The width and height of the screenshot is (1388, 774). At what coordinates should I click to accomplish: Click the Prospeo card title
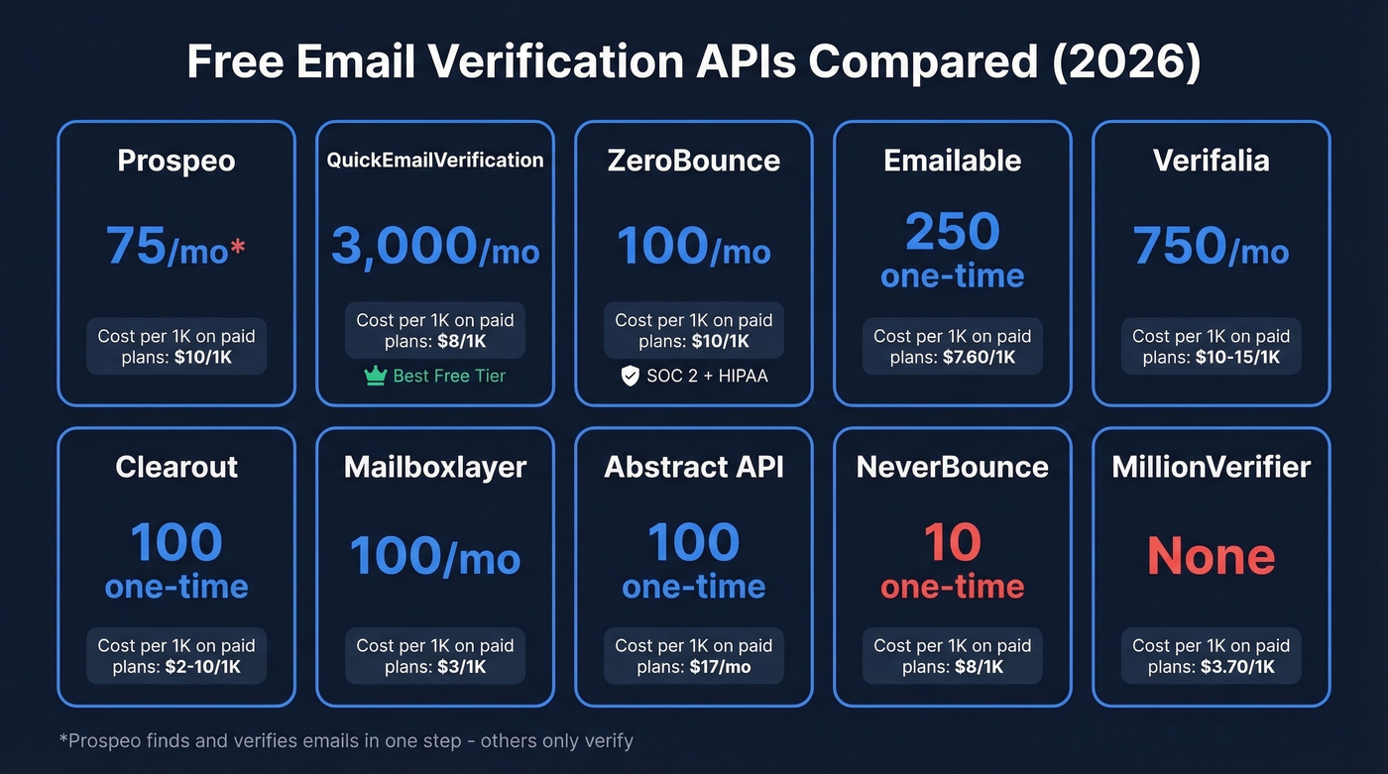pos(176,161)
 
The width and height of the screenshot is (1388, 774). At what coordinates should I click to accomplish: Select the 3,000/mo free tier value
pos(434,247)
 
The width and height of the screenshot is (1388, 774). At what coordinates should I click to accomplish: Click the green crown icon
pos(375,377)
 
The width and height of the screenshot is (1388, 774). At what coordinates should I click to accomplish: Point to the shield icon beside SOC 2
pos(629,377)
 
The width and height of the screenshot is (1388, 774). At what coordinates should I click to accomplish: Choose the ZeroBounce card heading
pos(694,161)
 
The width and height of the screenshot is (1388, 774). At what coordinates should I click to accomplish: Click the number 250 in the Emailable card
pos(953,232)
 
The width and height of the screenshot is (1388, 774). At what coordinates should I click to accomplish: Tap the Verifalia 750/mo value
pos(1212,246)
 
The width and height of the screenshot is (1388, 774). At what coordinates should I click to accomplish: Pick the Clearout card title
pos(176,467)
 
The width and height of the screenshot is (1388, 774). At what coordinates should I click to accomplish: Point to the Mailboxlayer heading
pos(435,467)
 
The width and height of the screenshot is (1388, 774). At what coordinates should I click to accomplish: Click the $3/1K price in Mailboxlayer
pos(461,667)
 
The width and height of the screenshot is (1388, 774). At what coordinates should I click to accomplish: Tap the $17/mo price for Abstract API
pos(720,667)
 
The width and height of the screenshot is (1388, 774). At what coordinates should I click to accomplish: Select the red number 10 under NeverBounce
pos(953,542)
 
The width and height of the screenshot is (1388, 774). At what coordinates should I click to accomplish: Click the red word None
pos(1212,556)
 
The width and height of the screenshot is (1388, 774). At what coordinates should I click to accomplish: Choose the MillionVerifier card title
pos(1212,467)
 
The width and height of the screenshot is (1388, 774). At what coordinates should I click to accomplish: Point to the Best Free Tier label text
pos(449,377)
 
